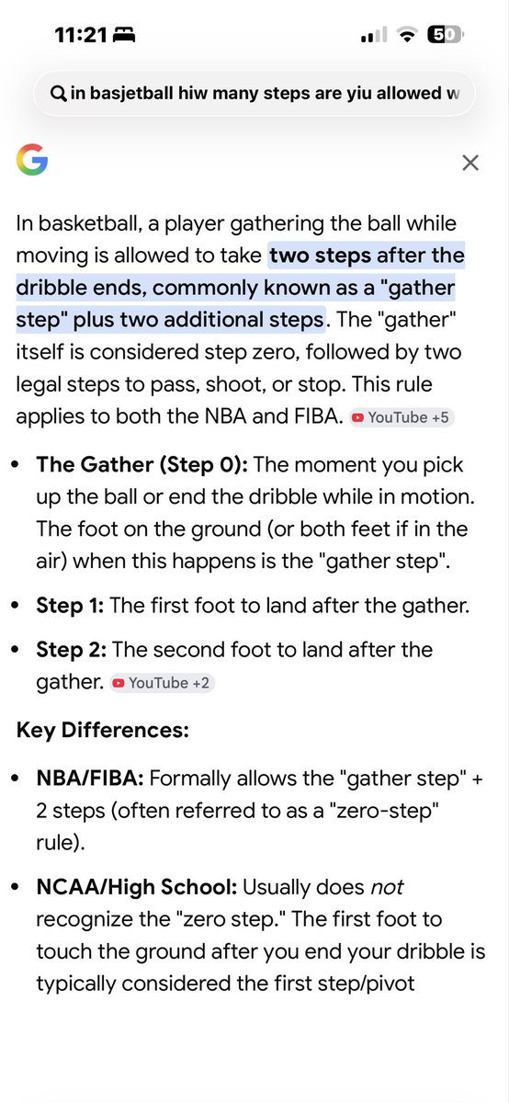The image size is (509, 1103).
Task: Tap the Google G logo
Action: [x=32, y=160]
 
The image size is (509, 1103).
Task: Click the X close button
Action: [x=470, y=163]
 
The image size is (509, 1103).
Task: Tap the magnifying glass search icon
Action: [x=59, y=93]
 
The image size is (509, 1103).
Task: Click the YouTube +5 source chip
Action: [x=402, y=417]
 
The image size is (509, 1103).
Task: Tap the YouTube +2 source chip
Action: [x=162, y=683]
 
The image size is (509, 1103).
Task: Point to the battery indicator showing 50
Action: [x=445, y=35]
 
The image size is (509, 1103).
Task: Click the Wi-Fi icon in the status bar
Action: [x=407, y=35]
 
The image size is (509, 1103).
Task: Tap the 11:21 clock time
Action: [x=81, y=35]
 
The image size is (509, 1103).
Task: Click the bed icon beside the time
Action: [x=124, y=35]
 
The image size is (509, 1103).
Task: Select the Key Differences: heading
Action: [x=102, y=730]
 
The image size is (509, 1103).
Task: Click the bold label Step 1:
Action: [x=70, y=606]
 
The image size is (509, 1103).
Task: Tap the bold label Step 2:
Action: [x=72, y=650]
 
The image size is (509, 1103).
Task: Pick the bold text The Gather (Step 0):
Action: [x=141, y=465]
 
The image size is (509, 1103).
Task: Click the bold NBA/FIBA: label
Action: [x=90, y=779]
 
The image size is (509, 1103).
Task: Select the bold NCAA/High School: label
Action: [x=137, y=887]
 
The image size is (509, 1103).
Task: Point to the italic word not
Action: [x=387, y=887]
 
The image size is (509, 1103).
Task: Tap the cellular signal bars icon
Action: [x=374, y=35]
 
